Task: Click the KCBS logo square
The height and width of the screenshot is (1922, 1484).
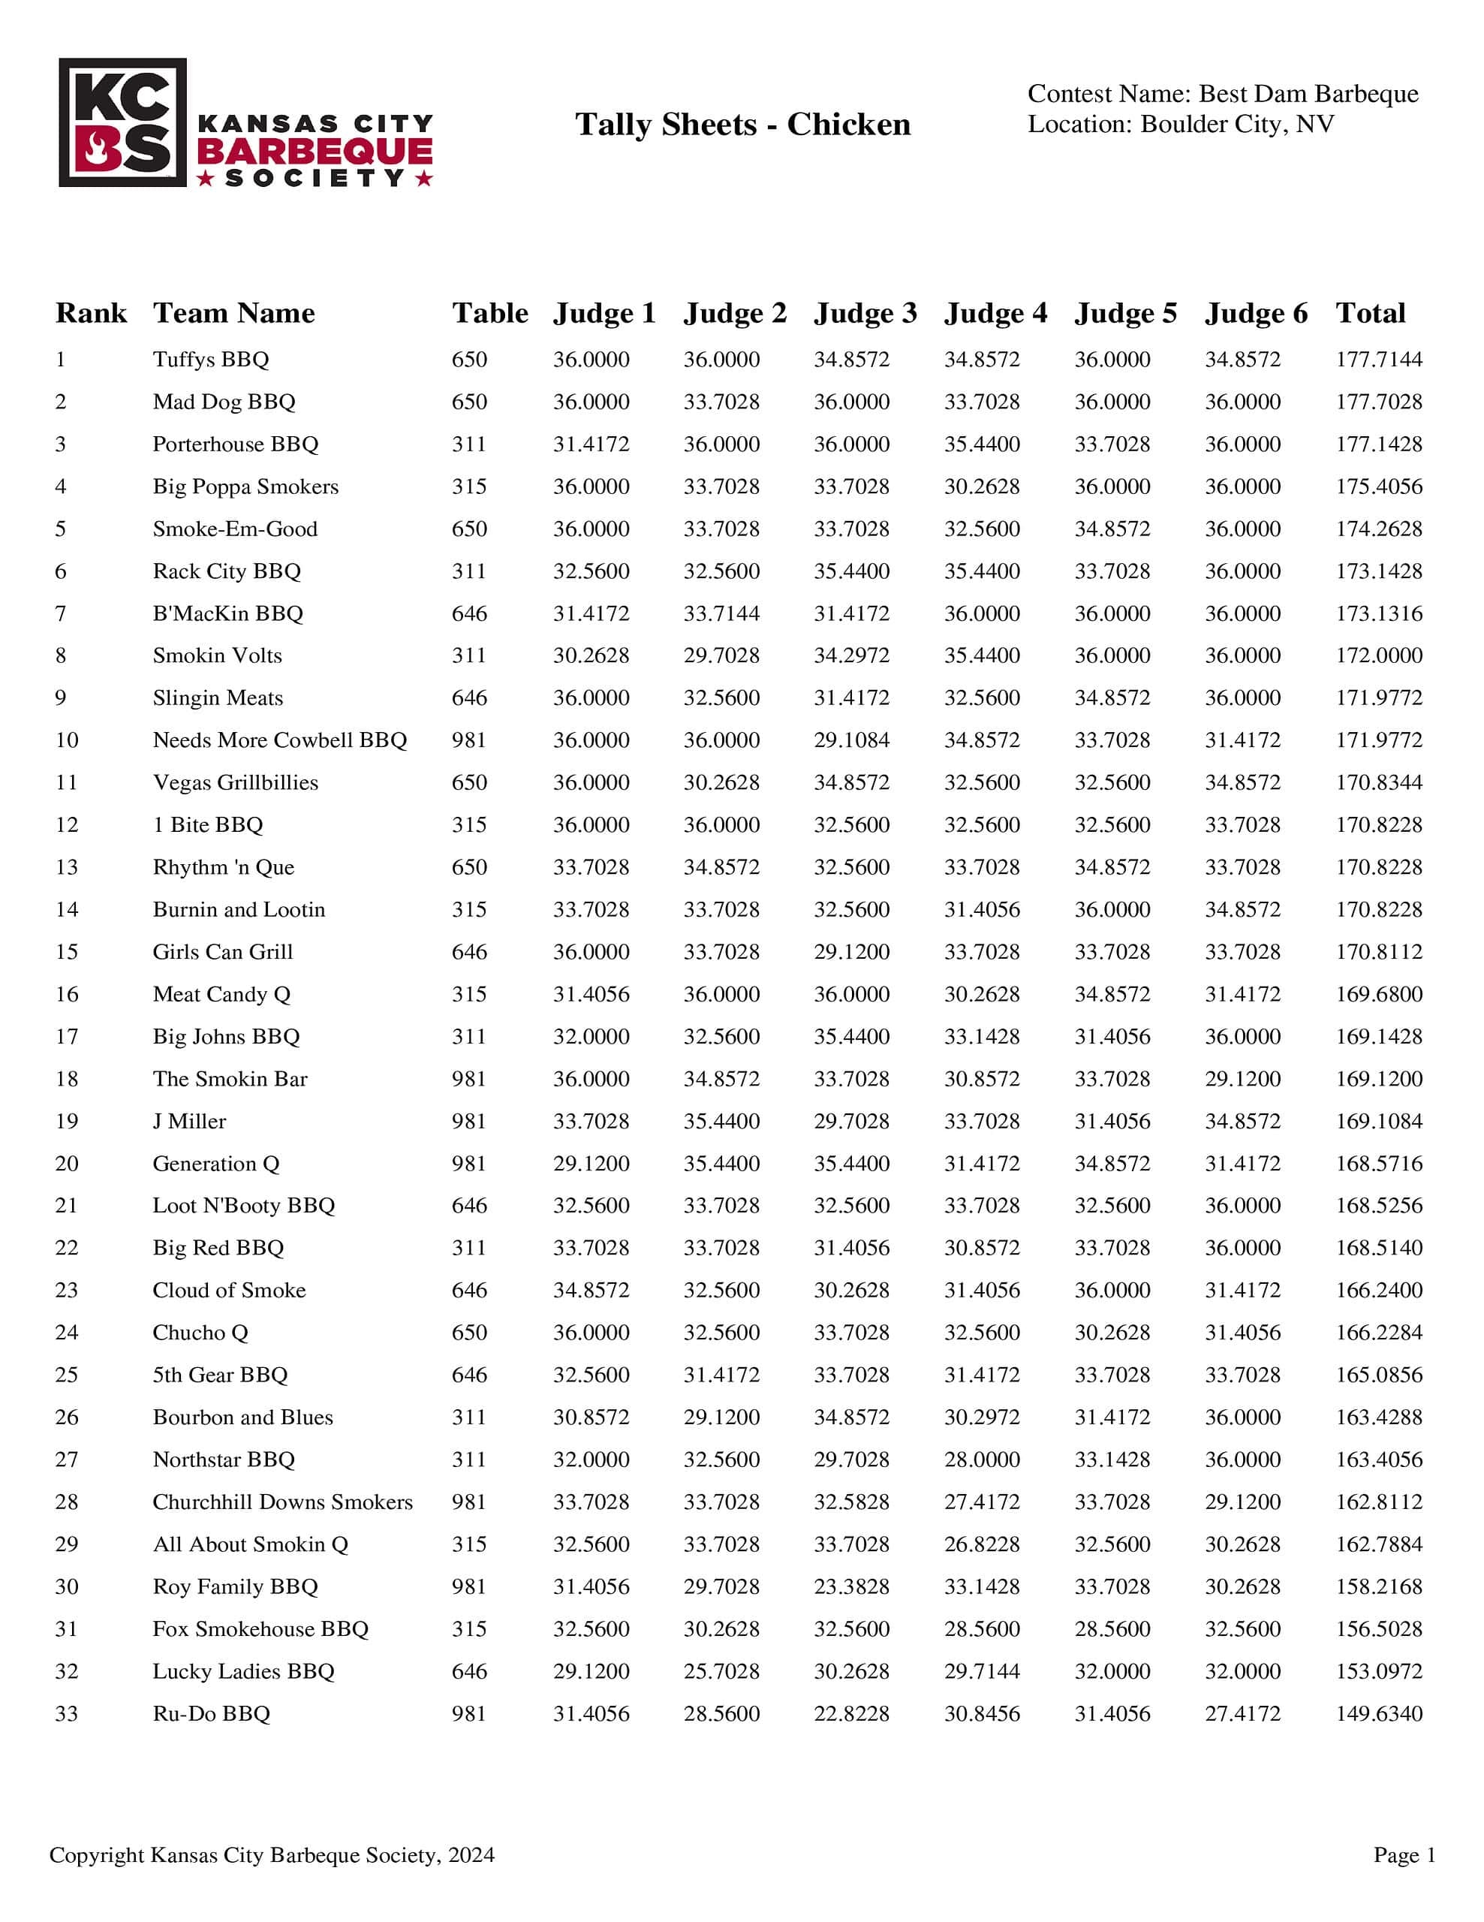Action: tap(122, 122)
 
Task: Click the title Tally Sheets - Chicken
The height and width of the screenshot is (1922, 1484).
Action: tap(742, 124)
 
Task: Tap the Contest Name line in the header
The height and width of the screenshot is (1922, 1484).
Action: tap(1222, 93)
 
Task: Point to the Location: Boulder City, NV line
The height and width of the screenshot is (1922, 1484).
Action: tap(1181, 124)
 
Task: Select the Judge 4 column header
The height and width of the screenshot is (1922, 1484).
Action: tap(995, 313)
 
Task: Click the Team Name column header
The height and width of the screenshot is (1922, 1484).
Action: tap(233, 313)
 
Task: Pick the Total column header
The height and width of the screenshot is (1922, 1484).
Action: tap(1370, 313)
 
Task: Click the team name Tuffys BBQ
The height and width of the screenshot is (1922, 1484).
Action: tap(210, 359)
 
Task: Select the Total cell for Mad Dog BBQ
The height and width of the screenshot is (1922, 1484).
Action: tap(1377, 402)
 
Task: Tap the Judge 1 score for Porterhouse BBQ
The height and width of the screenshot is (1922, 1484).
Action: tap(590, 444)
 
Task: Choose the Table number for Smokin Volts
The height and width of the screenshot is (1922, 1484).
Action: tap(469, 655)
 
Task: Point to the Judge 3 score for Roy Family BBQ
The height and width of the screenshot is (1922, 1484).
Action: tap(850, 1586)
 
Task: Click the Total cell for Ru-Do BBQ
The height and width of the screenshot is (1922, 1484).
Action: tap(1377, 1713)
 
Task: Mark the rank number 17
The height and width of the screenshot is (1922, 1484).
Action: tap(67, 1037)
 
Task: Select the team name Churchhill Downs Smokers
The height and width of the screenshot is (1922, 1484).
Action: tap(282, 1502)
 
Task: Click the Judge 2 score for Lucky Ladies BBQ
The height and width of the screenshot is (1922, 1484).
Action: tap(721, 1671)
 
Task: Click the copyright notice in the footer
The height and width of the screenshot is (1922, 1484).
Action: tap(272, 1855)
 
